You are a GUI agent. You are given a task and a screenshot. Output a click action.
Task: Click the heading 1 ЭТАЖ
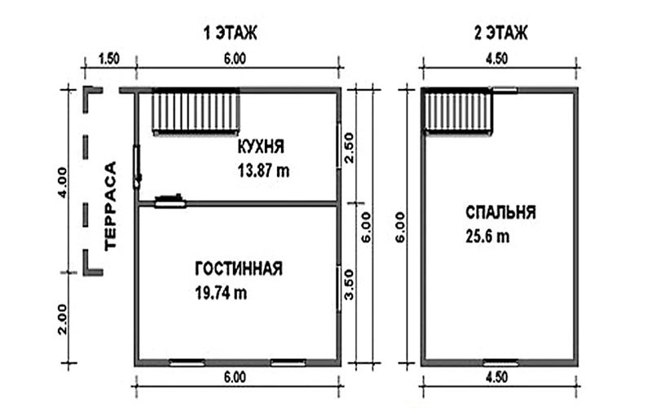click(231, 33)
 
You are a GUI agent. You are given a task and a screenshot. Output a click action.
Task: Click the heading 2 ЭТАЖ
click(501, 33)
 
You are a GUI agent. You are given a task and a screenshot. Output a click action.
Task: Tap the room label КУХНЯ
click(261, 147)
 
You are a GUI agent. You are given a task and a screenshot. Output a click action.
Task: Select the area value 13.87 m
click(263, 171)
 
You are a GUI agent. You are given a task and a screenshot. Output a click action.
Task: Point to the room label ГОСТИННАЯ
click(239, 268)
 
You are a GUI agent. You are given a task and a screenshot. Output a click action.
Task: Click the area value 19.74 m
click(221, 293)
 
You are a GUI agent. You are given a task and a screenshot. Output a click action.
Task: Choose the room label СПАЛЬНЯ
click(500, 212)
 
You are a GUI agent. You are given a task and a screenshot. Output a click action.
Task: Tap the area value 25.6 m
click(487, 237)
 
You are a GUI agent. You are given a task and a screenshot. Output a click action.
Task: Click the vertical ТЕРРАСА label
click(111, 206)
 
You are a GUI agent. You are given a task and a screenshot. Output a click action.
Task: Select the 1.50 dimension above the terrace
click(109, 58)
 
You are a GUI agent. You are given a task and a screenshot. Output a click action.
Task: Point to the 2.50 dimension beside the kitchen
click(349, 148)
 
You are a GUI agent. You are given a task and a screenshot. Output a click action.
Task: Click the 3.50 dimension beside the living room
click(349, 285)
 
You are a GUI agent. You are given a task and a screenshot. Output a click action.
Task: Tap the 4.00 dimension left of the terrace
click(62, 182)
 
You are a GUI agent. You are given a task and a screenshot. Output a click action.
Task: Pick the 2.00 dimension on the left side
click(62, 319)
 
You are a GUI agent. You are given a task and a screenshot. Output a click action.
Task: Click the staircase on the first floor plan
click(196, 112)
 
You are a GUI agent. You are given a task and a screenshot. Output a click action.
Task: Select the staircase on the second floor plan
click(458, 111)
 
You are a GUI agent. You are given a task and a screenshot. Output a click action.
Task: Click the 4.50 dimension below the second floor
click(497, 377)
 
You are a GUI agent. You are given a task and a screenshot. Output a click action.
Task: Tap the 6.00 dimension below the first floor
click(235, 377)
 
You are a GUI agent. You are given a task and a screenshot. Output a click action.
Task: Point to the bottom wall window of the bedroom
click(501, 362)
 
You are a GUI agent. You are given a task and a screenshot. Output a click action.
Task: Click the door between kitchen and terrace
click(137, 166)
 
